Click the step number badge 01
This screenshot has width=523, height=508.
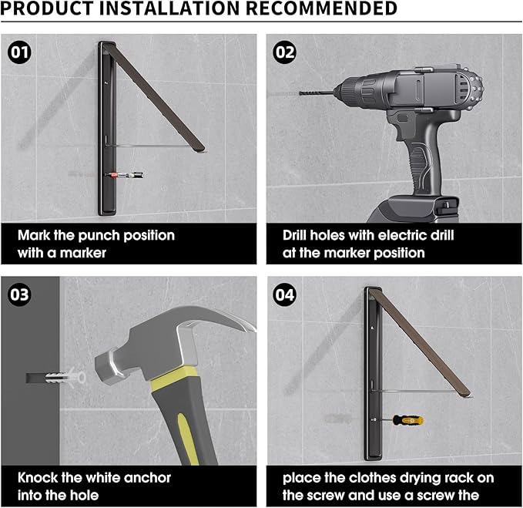coord(19,52)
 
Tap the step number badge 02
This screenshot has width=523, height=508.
coord(284,52)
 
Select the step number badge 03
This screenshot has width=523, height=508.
coord(19,294)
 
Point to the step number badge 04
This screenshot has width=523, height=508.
coord(284,294)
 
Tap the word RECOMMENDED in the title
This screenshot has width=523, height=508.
coord(322,8)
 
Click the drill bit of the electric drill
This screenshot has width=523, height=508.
coord(317,93)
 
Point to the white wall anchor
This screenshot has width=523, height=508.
coord(65,378)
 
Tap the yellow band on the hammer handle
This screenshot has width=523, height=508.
coord(173,378)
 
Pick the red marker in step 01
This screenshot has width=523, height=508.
coord(124,174)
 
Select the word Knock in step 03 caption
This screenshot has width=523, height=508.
coord(38,478)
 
